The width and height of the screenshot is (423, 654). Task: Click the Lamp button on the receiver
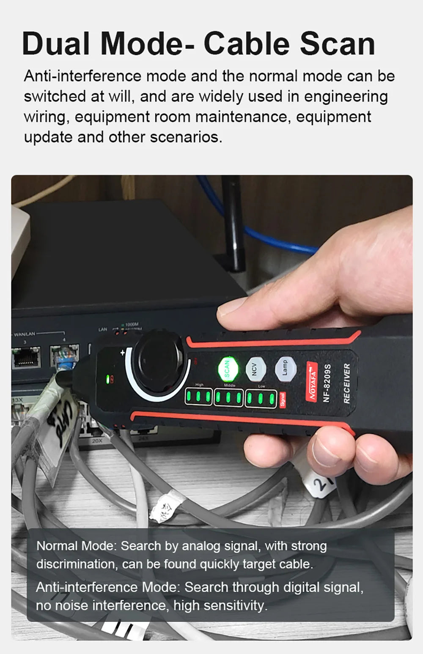[284, 367]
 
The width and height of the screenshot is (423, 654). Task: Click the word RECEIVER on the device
[347, 383]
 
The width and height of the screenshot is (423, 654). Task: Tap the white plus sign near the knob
[123, 352]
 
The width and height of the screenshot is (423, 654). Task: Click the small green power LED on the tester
[108, 379]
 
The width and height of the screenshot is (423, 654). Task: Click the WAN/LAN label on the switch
[25, 334]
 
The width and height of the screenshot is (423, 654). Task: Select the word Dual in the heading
[56, 44]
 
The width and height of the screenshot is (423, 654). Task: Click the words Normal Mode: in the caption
[76, 546]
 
